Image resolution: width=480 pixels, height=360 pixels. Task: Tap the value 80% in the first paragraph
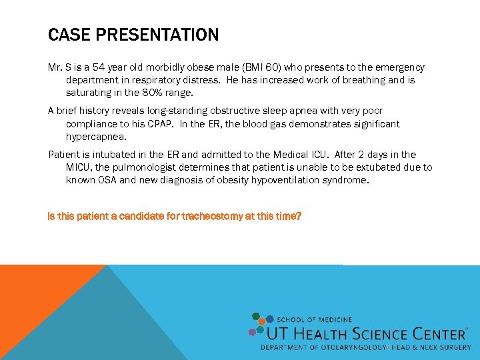148,92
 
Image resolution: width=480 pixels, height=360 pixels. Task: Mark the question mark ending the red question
299,217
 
